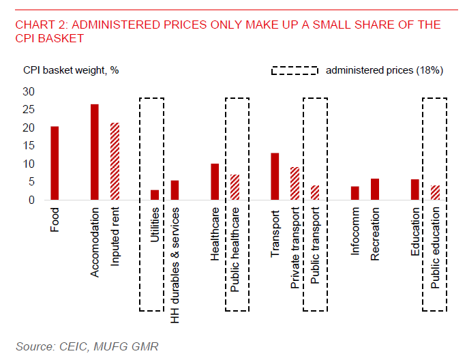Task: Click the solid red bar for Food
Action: click(x=55, y=163)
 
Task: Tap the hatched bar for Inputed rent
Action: click(x=114, y=162)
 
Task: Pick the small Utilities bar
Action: click(x=155, y=195)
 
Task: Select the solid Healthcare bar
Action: click(x=215, y=182)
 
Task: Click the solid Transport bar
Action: click(x=275, y=177)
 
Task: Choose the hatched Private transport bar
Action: click(x=295, y=184)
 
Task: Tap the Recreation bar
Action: click(x=374, y=190)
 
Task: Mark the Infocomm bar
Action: click(x=355, y=193)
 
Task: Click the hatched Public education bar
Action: click(x=435, y=193)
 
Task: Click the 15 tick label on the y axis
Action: click(x=29, y=146)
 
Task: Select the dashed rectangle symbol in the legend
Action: click(x=295, y=70)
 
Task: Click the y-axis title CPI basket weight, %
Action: click(x=71, y=70)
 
